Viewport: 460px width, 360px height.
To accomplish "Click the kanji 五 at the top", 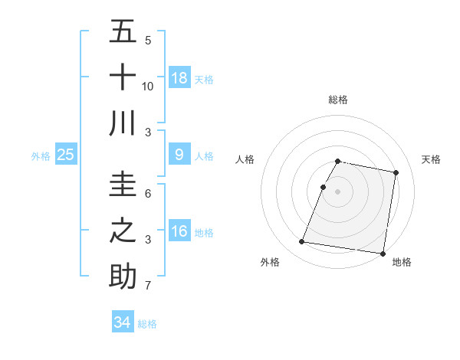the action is click(123, 32).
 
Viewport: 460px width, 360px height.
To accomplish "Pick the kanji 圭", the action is click(123, 184).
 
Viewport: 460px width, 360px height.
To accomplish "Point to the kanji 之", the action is click(123, 230).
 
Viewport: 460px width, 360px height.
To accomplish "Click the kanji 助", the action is click(123, 275).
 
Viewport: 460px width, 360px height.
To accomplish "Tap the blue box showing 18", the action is click(179, 78).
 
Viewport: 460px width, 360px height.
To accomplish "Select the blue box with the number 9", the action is click(179, 155).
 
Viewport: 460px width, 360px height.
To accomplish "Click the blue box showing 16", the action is click(179, 231).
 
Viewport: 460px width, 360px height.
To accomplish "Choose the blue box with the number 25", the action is click(66, 155).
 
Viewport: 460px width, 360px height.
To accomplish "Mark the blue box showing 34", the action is click(123, 322).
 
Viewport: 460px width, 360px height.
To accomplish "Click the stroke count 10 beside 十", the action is click(148, 87).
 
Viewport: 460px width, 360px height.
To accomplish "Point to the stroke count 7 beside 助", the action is click(148, 286).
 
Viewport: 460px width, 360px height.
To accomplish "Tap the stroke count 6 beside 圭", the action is click(148, 195).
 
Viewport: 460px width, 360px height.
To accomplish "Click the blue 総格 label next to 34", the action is click(147, 324).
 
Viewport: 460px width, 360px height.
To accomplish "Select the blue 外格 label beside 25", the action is click(41, 156).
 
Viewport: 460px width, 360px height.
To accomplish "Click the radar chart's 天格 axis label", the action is click(432, 159).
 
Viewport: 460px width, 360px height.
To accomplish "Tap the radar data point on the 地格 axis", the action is click(382, 253).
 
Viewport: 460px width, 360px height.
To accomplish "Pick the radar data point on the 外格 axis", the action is click(301, 242).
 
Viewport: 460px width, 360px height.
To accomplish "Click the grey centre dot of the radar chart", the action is click(338, 191).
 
